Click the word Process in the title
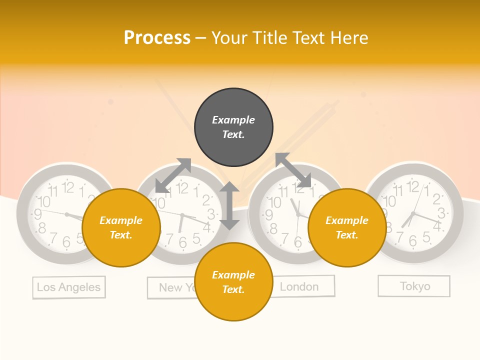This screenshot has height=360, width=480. coord(157,38)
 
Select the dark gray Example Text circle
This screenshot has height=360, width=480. coord(233,127)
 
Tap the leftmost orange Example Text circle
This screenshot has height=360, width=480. coord(121,227)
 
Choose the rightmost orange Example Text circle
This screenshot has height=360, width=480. coord(347,227)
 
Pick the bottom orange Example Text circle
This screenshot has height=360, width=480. coord(233,282)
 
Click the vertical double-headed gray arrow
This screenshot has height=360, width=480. coord(229,205)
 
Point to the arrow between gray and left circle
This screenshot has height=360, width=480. coord(173,175)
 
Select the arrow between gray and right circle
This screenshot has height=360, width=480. coord(293,170)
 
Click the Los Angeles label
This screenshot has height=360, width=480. coord(69,287)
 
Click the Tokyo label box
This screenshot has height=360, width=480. coord(414,286)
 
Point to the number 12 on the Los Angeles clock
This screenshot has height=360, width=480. coord(68,187)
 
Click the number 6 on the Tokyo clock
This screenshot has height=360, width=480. coord(413,241)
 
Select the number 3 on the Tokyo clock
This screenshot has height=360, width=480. coord(441,213)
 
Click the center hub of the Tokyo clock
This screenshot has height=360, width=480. coord(413,214)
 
